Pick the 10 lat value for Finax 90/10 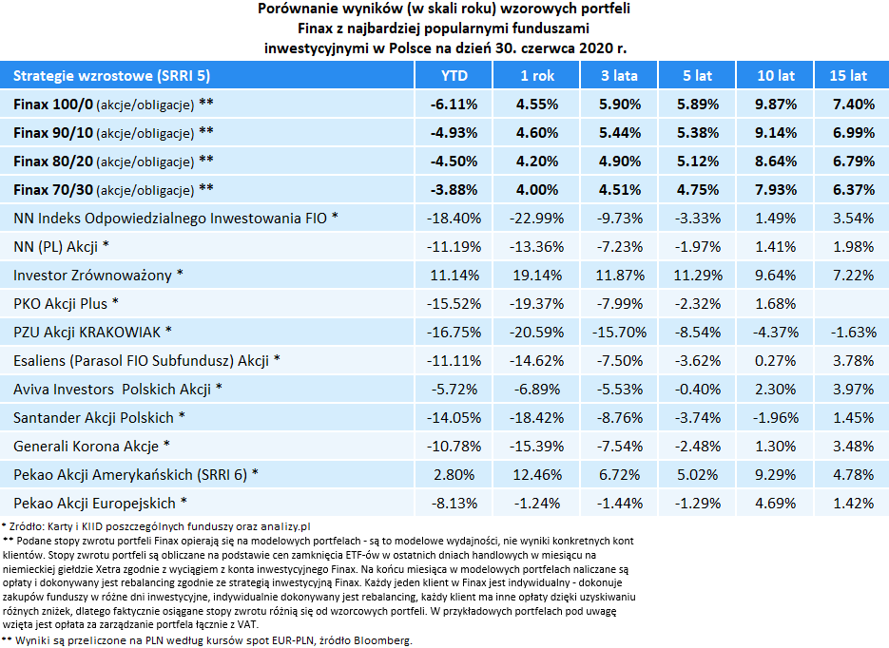(776, 132)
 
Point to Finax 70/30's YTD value (454, 189)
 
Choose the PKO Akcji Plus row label (67, 304)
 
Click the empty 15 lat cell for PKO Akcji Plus (847, 304)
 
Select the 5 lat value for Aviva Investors (698, 390)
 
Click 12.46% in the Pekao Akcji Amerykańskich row (537, 475)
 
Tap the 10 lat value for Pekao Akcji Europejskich (776, 504)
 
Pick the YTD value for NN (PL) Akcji (454, 247)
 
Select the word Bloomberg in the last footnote (380, 641)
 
